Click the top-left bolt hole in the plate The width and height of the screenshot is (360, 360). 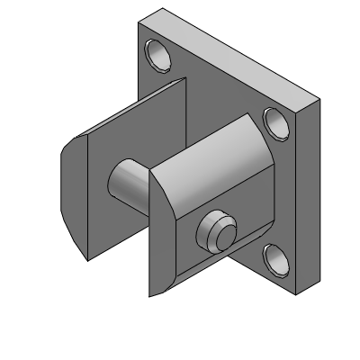point(161,54)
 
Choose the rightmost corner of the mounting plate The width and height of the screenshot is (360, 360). point(319,101)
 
